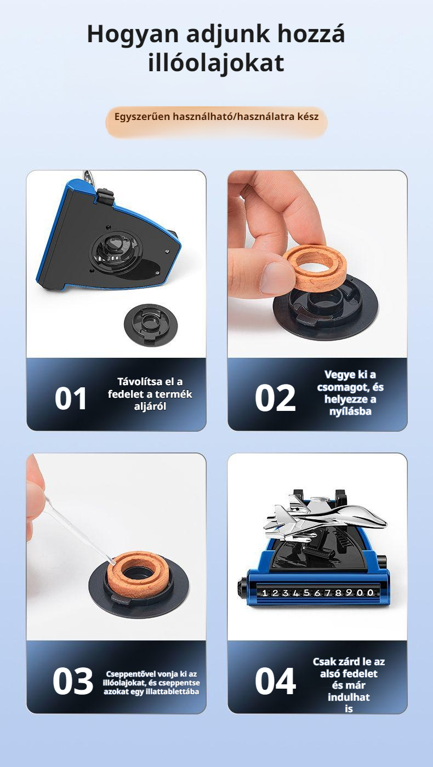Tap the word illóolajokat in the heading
(x=216, y=64)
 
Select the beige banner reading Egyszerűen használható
(x=216, y=122)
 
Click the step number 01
(x=70, y=399)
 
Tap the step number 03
(x=72, y=682)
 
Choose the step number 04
(x=275, y=682)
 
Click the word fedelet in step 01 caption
(x=126, y=394)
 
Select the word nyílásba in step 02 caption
(x=350, y=411)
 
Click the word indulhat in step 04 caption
(x=349, y=696)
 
